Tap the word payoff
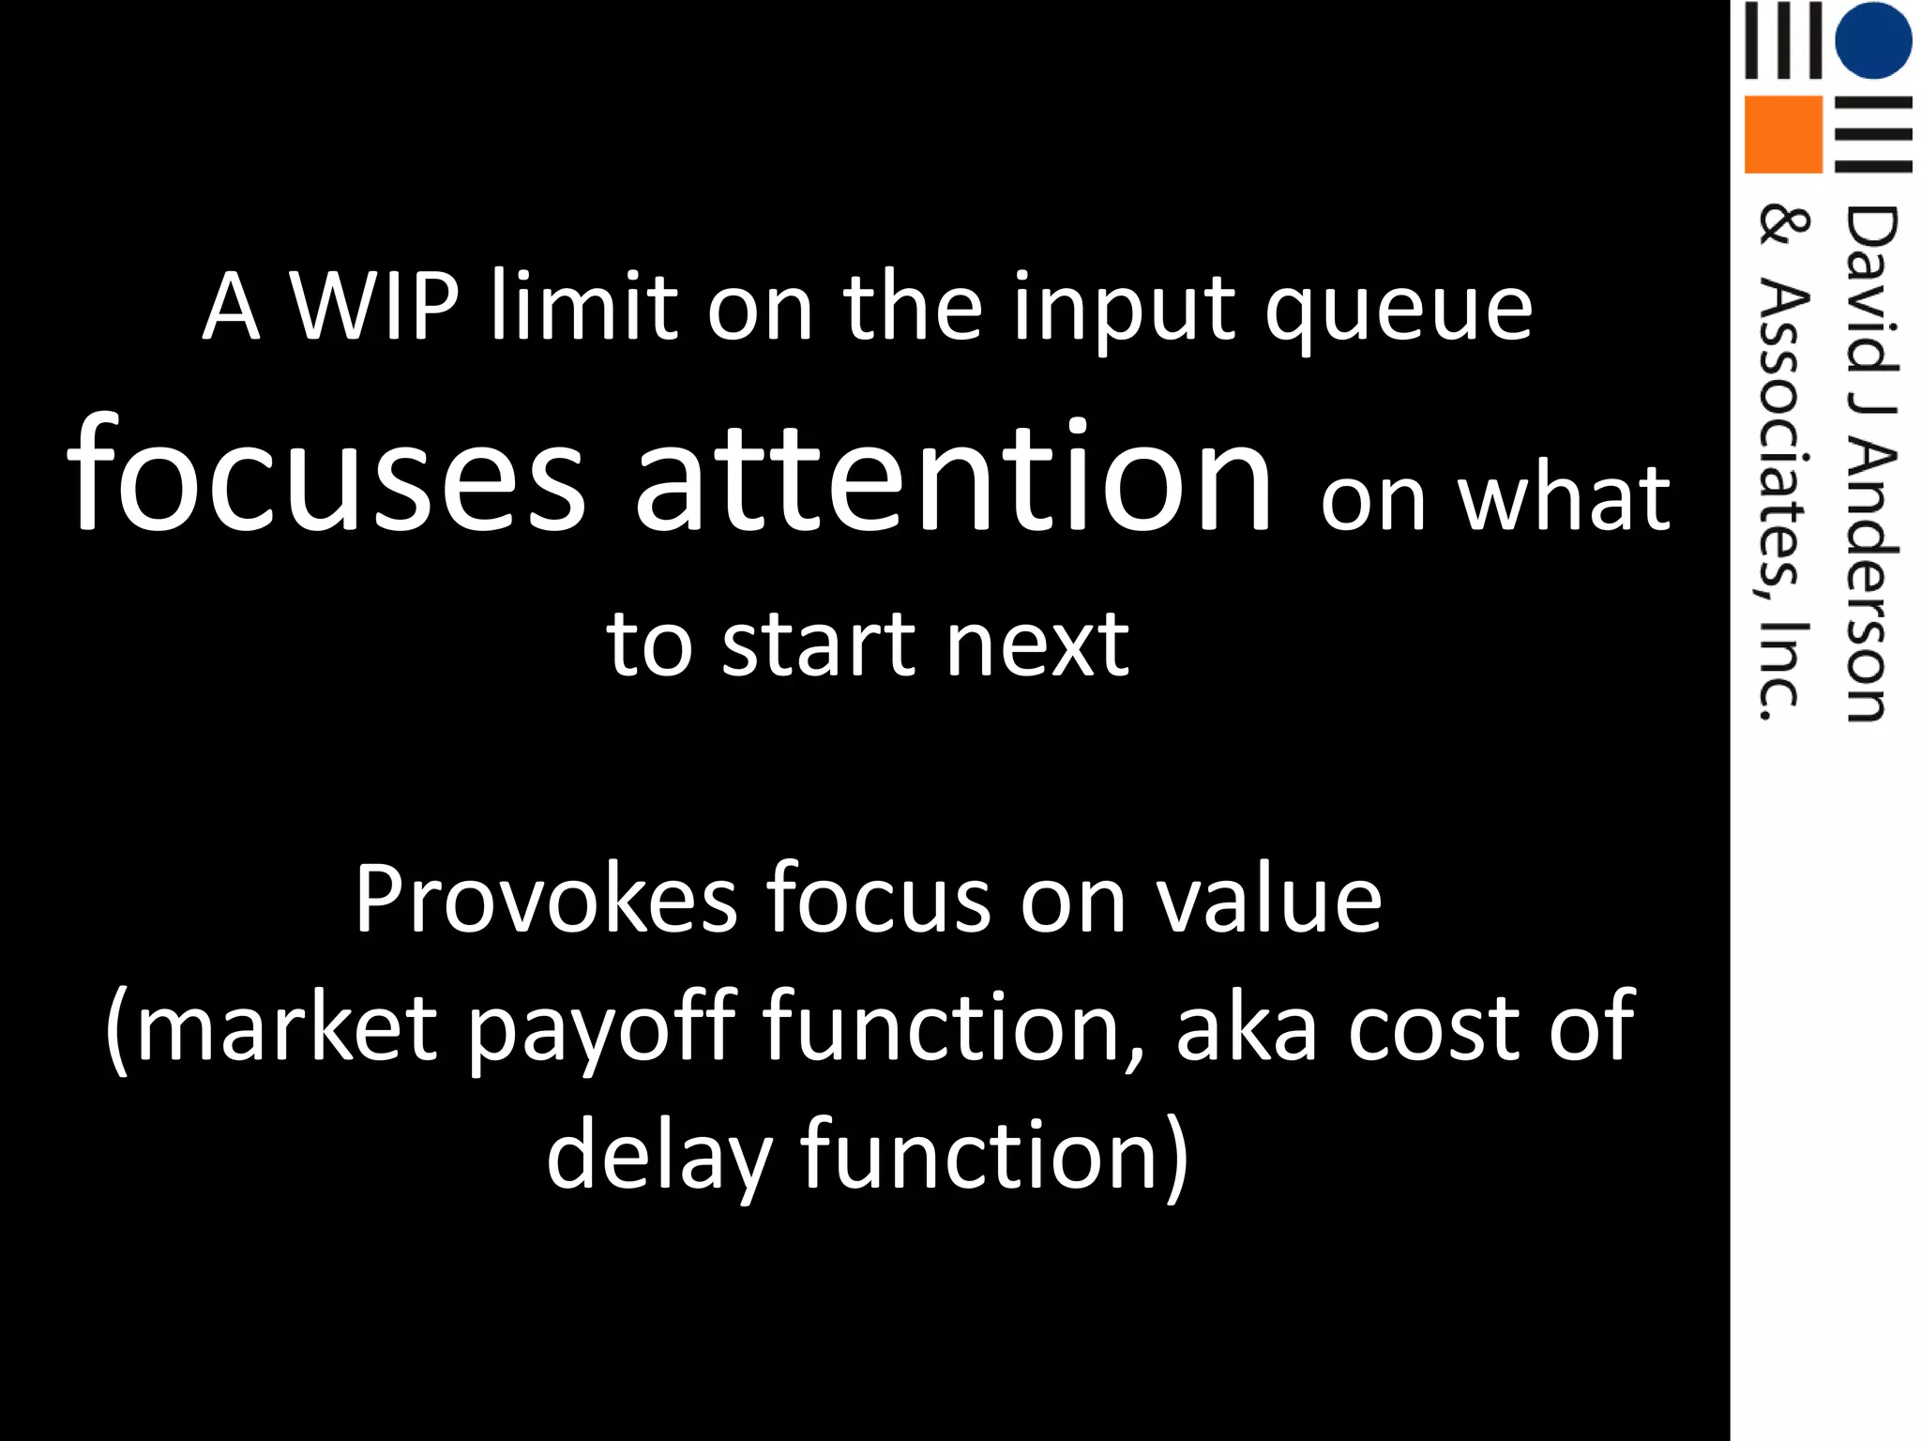click(x=601, y=1030)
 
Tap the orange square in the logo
click(x=1782, y=134)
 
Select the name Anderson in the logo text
click(x=1870, y=582)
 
